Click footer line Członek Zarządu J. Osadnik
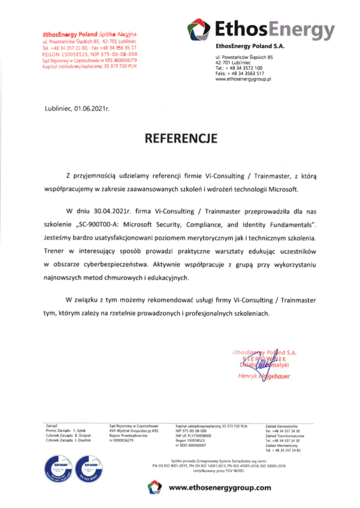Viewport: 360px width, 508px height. point(64,440)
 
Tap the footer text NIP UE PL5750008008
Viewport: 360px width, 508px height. point(194,436)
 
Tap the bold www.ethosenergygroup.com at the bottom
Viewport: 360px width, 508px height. point(220,488)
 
